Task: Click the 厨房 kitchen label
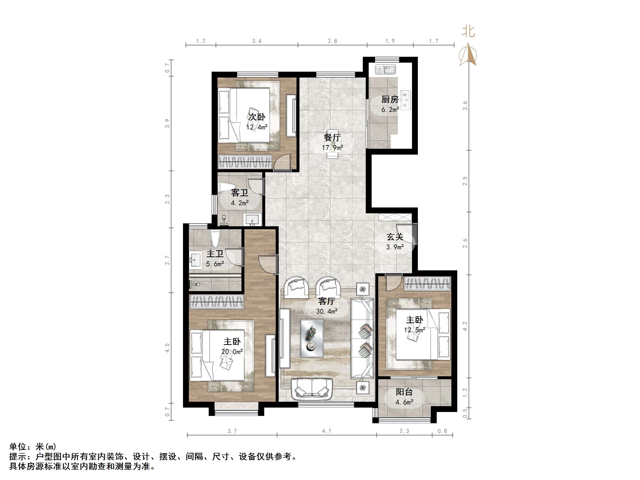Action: (390, 100)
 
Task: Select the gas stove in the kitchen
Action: (406, 100)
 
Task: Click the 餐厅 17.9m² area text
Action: (332, 148)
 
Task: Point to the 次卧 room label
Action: (256, 117)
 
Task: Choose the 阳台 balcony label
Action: (404, 392)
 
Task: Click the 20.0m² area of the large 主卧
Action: (232, 352)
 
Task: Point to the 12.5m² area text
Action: (415, 330)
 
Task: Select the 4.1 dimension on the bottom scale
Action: (326, 431)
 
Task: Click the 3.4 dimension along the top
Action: (257, 41)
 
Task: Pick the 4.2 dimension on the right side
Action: (465, 326)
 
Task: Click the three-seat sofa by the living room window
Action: (312, 389)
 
